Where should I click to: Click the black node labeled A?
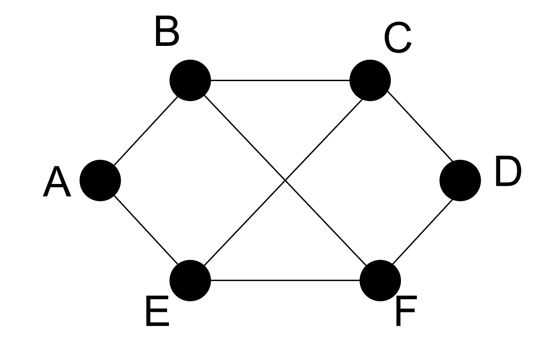point(100,180)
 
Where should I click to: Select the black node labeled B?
point(190,80)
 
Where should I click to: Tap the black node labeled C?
point(370,81)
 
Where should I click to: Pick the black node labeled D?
point(460,180)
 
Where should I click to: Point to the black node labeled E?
point(190,281)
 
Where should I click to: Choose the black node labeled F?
point(380,281)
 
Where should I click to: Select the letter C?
point(397,40)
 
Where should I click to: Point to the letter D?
point(507,173)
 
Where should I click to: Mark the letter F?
point(405,313)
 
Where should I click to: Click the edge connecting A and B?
point(145,131)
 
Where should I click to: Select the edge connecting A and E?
point(145,231)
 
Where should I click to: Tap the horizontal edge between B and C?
point(280,81)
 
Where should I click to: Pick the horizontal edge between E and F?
point(285,281)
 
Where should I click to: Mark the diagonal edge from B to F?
point(241,134)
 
